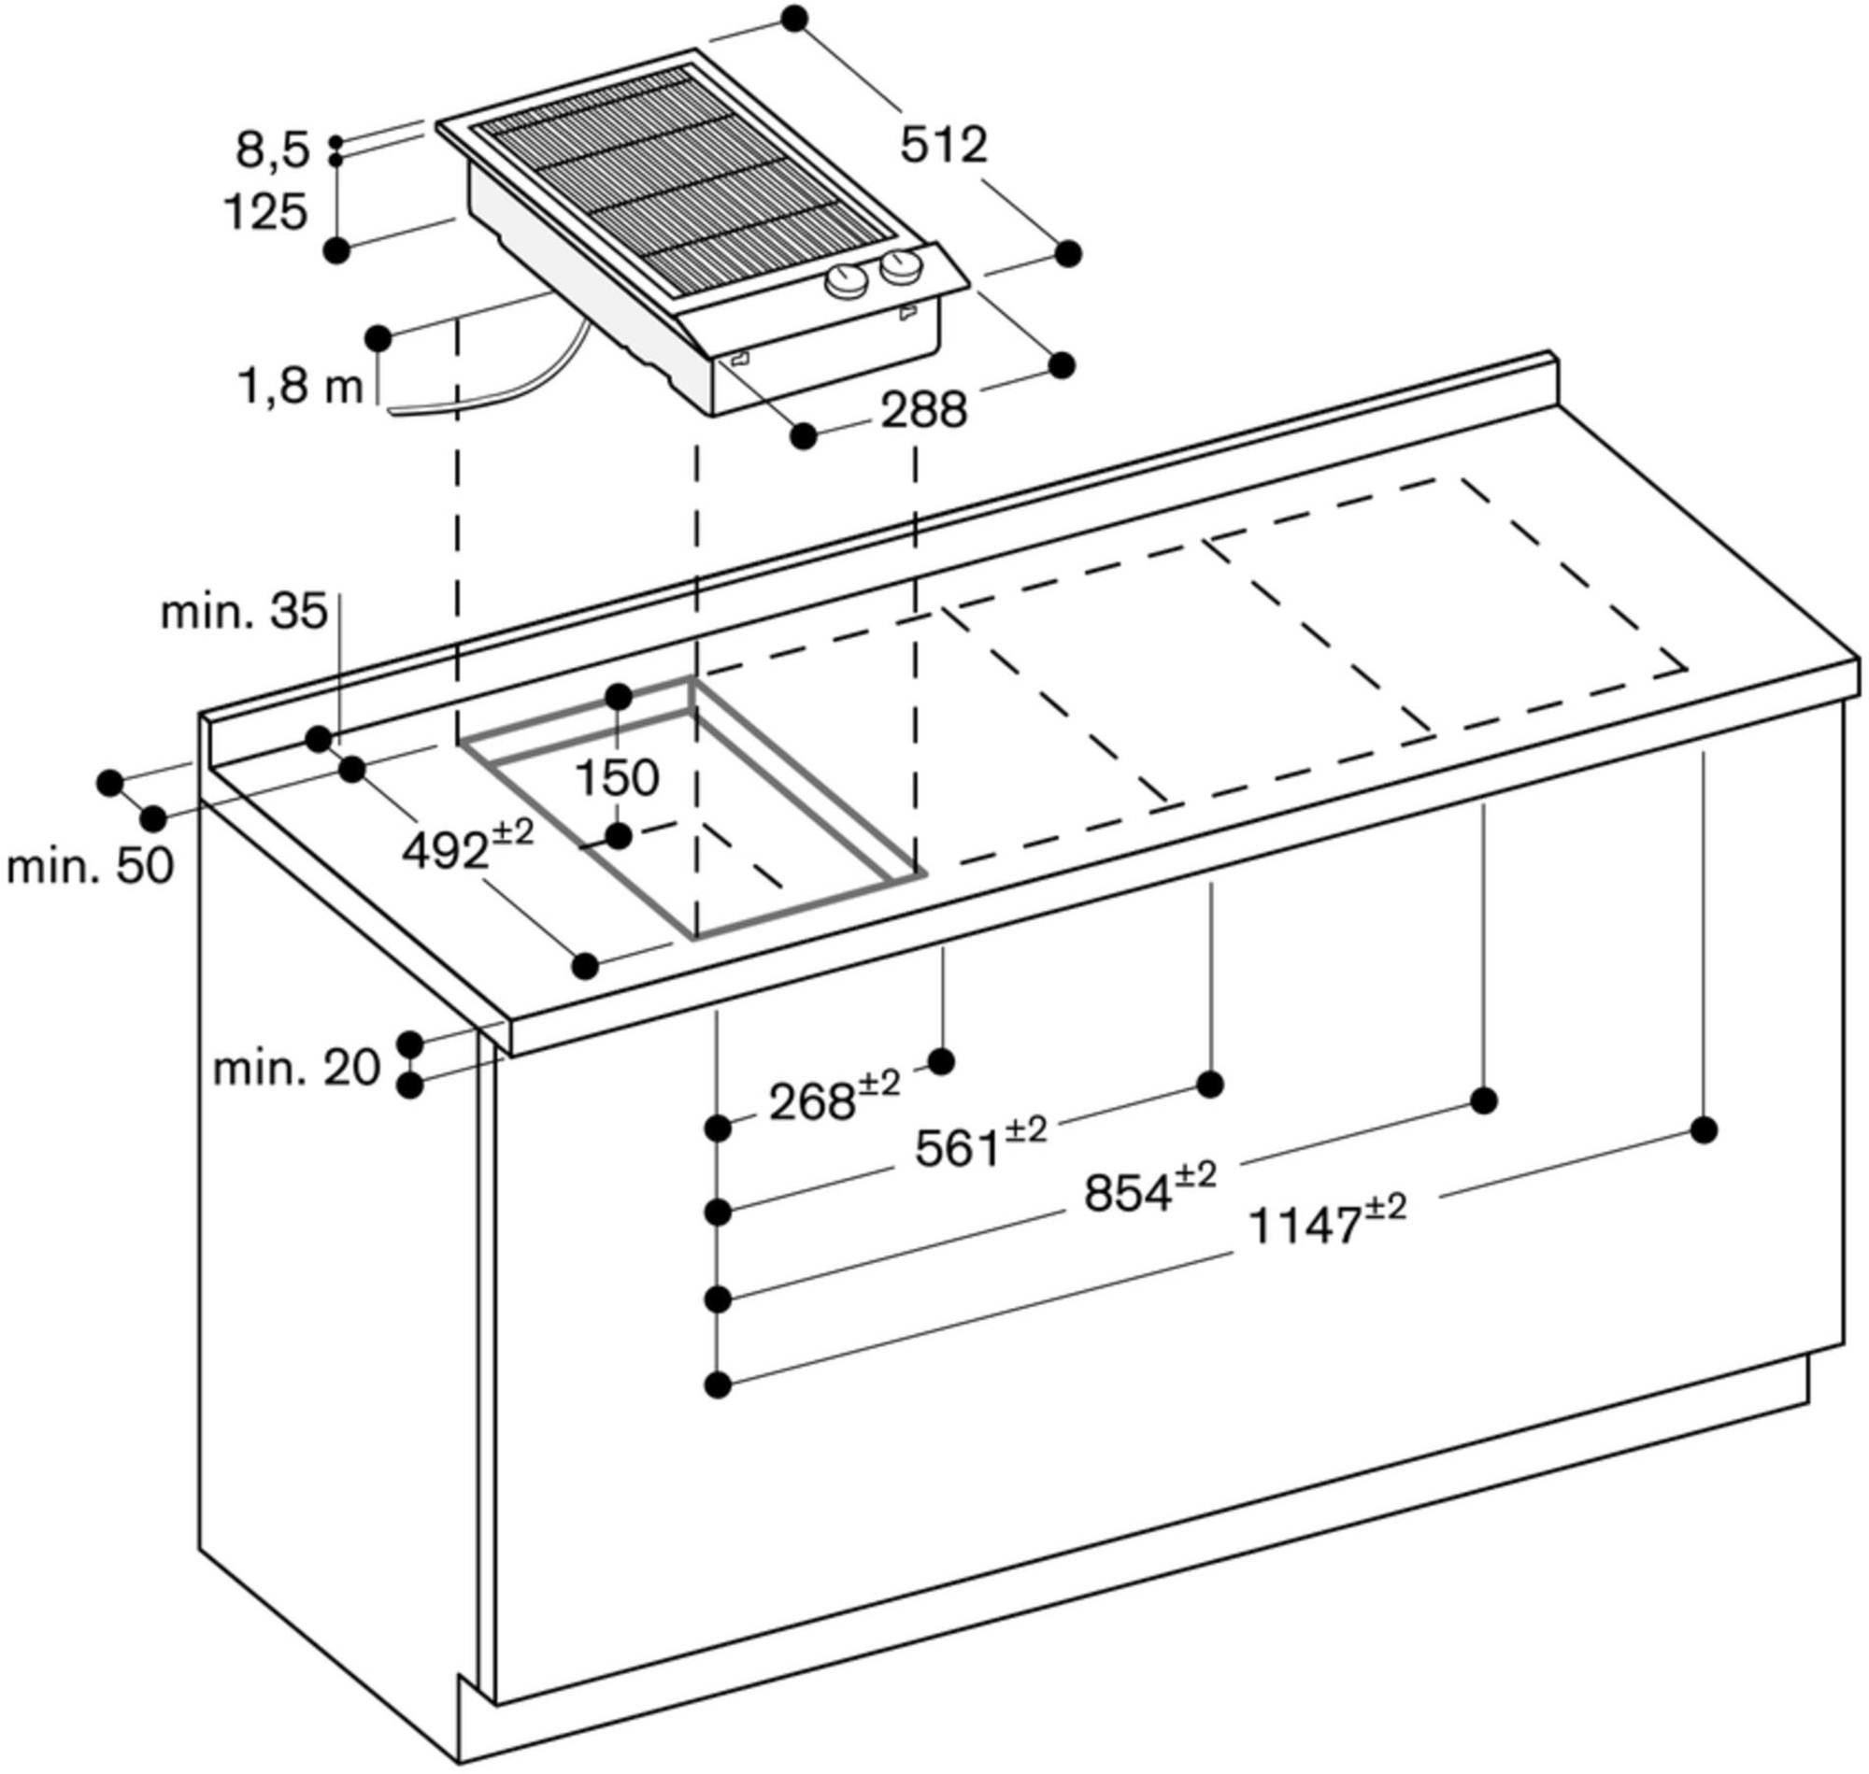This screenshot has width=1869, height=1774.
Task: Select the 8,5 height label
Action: click(272, 151)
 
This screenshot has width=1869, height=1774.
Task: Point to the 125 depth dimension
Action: click(265, 213)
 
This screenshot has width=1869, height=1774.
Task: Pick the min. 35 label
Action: click(244, 613)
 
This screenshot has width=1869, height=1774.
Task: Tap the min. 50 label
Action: click(90, 866)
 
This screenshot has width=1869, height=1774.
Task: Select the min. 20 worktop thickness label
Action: click(295, 1069)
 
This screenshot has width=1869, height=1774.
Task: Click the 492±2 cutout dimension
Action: click(466, 848)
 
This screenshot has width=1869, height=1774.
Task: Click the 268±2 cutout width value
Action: click(833, 1100)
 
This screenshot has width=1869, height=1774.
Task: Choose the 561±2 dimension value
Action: click(980, 1145)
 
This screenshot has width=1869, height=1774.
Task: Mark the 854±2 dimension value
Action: click(1149, 1191)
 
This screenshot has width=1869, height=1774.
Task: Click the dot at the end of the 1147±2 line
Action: click(1704, 1130)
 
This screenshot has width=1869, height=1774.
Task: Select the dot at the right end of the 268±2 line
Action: click(941, 1061)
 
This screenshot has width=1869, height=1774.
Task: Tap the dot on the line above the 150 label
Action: click(619, 698)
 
